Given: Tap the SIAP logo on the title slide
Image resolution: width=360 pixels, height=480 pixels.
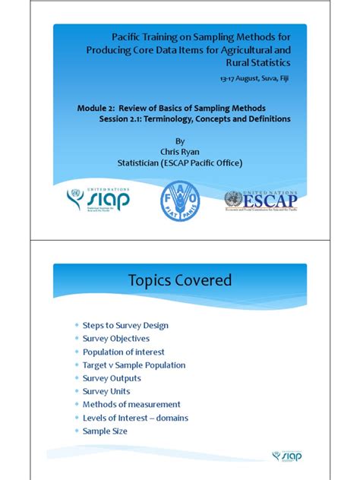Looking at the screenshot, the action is coord(98,200).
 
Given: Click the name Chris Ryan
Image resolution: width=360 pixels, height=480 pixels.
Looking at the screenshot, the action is coord(180,151).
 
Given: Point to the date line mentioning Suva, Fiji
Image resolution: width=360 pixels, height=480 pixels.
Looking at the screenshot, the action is coord(254,78).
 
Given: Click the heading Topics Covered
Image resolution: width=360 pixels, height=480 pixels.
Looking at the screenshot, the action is coord(180,280).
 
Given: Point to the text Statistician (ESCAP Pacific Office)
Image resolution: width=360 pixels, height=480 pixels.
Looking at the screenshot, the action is coord(180,162).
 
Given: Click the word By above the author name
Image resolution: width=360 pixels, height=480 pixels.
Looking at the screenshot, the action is coord(180,141).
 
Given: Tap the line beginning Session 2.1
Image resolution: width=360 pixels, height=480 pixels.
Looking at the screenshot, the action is coord(194,118).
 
